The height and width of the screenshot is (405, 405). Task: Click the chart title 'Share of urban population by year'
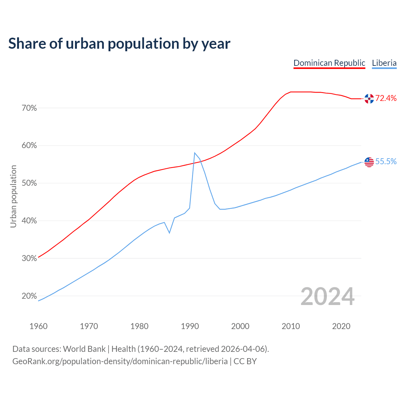coord(119,44)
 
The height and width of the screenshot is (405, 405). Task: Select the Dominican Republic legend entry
coord(329,63)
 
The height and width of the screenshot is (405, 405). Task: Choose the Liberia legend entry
coord(384,63)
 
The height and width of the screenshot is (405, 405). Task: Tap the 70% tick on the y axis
coord(29,108)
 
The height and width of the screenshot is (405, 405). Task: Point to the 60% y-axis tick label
coord(29,146)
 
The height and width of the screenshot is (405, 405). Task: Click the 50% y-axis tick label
coord(29,184)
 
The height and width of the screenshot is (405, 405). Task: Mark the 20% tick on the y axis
coord(29,296)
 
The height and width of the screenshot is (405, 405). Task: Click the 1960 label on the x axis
coord(38,326)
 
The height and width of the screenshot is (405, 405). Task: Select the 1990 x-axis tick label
coord(190,326)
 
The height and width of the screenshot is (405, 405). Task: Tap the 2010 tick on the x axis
coord(291,326)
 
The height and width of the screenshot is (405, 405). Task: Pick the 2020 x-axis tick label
coord(341,326)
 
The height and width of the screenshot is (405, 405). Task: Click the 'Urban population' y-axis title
coord(13,196)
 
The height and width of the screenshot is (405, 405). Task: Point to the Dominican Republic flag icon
coord(369,99)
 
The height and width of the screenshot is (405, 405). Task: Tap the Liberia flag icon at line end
coord(369,162)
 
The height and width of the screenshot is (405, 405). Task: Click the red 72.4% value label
coord(386,98)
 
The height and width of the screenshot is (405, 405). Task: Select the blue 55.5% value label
coord(386,162)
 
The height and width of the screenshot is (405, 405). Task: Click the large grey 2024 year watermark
coord(327,296)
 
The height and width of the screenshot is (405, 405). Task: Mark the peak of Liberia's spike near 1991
coord(195,153)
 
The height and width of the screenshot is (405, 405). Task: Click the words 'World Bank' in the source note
coord(84,349)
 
